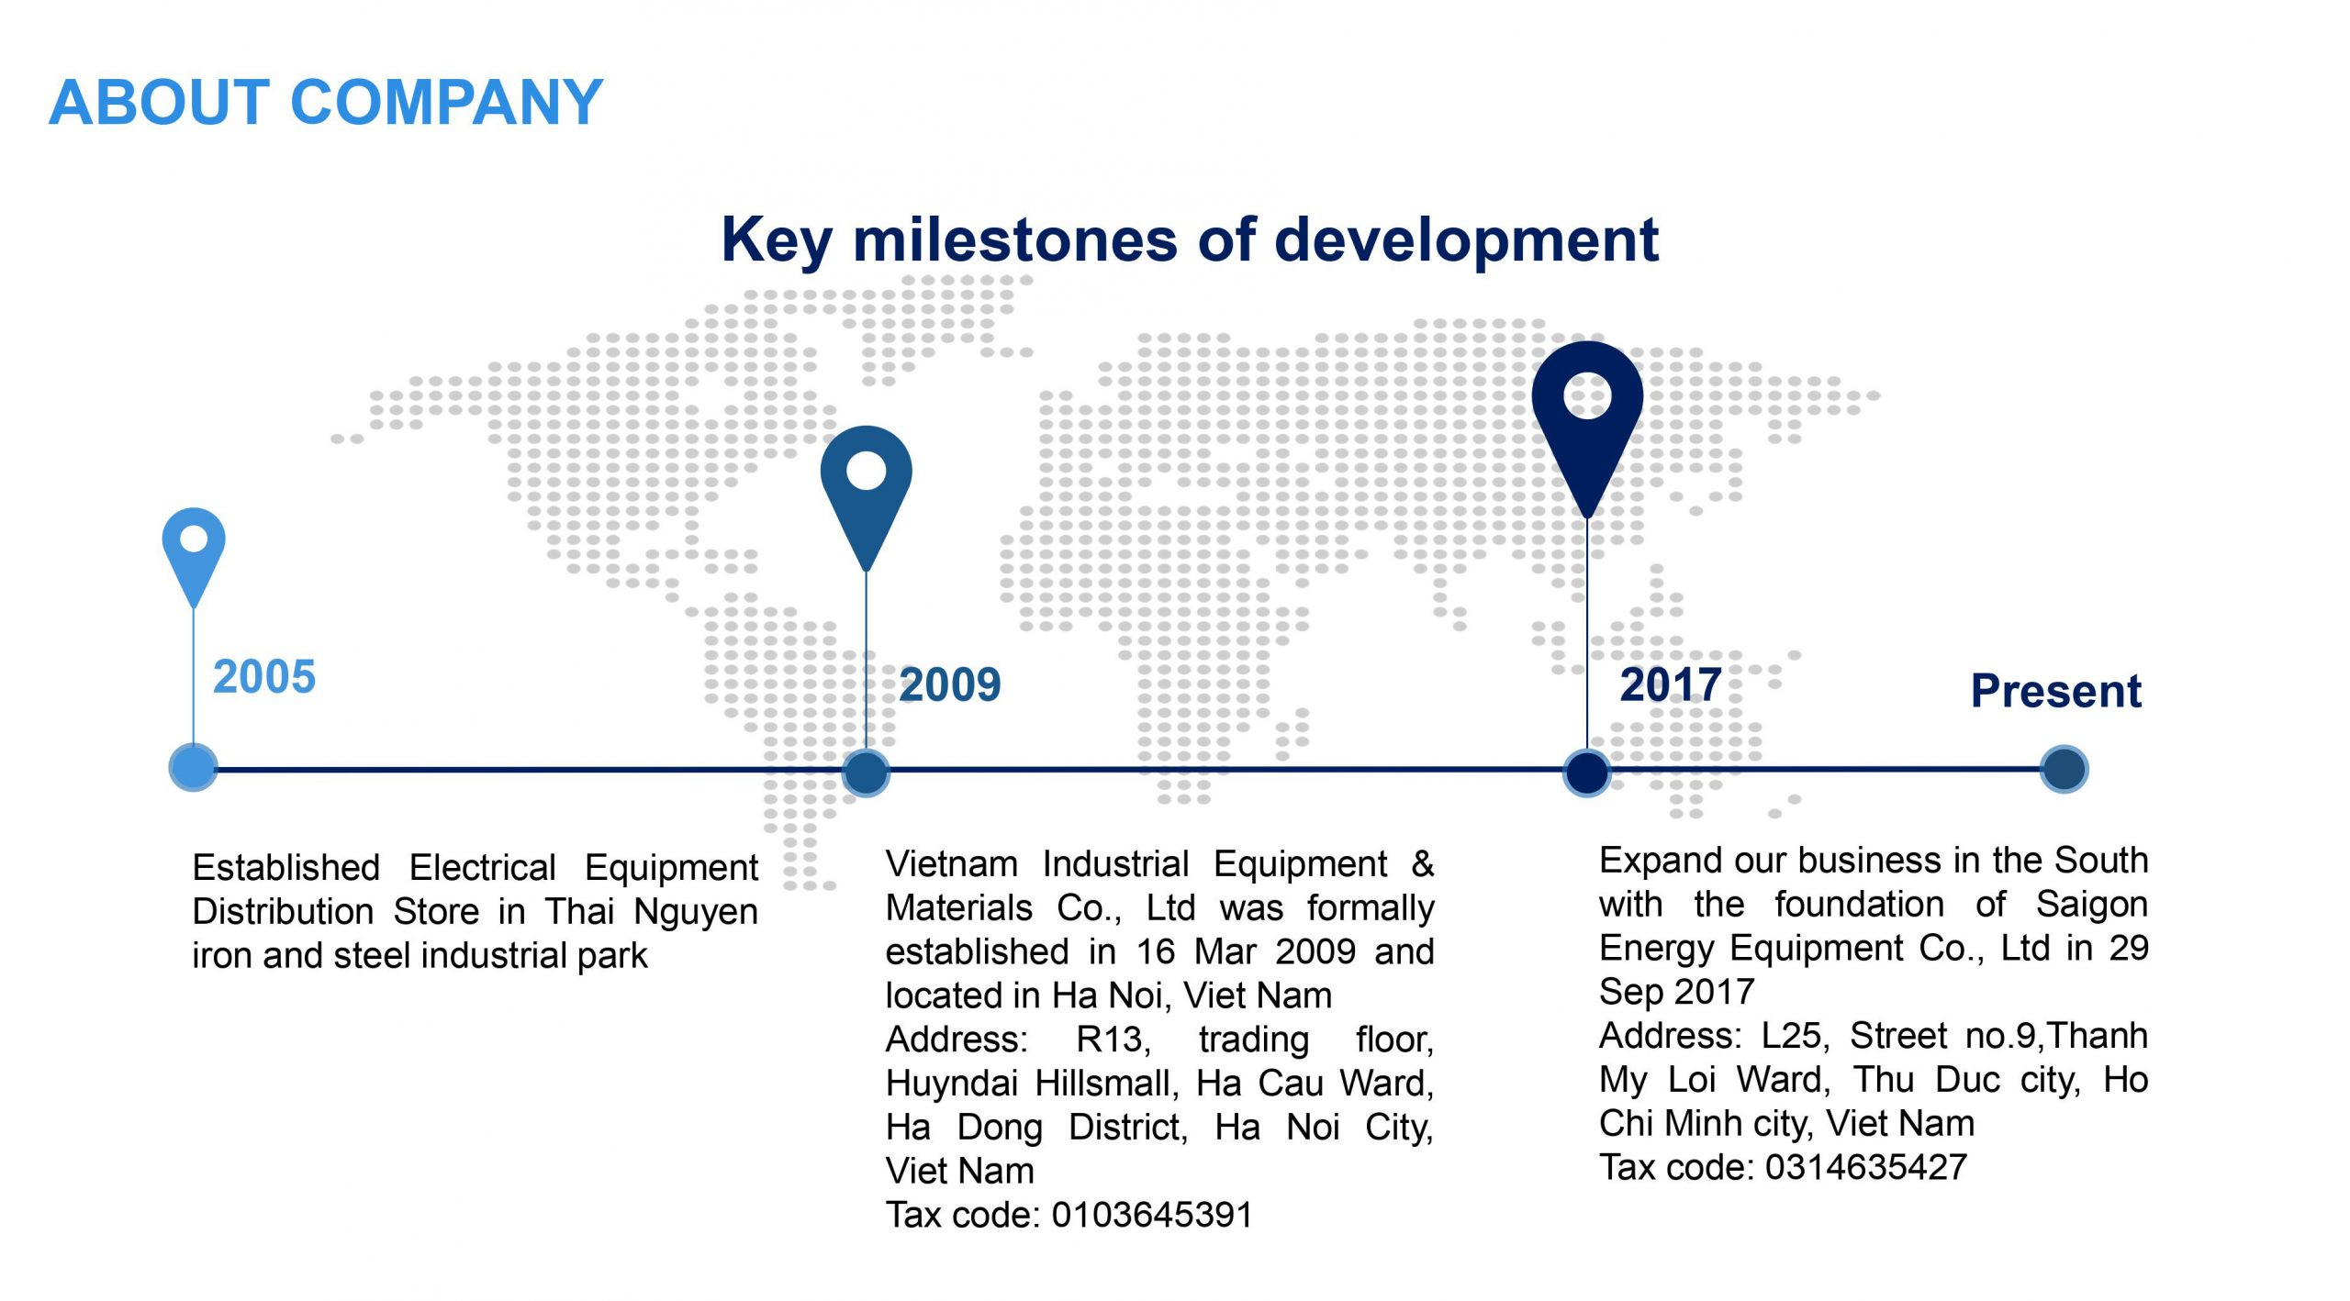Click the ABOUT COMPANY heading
(x=326, y=102)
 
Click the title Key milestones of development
(x=1190, y=240)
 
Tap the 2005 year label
(x=264, y=677)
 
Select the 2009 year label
(x=950, y=684)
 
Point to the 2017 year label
(x=1671, y=684)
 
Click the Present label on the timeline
(x=2056, y=691)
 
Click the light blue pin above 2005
(x=194, y=555)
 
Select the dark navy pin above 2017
(x=1587, y=427)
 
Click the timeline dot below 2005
(x=193, y=769)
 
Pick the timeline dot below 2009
(x=866, y=772)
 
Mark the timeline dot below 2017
(x=1587, y=772)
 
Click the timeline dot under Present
(x=2065, y=769)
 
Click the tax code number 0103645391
(x=1152, y=1215)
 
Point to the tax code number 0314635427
(x=1866, y=1167)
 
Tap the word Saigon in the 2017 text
(x=2092, y=906)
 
